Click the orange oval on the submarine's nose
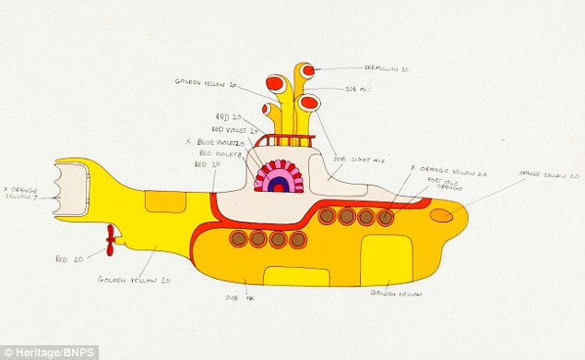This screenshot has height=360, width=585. click(x=442, y=215)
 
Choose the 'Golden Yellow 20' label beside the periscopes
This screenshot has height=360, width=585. click(x=208, y=82)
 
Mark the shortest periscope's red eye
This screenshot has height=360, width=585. click(x=268, y=109)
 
